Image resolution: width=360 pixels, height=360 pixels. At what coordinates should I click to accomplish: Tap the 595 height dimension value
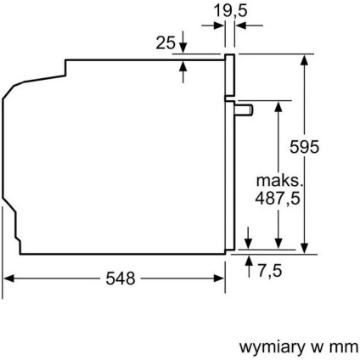(303, 146)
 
